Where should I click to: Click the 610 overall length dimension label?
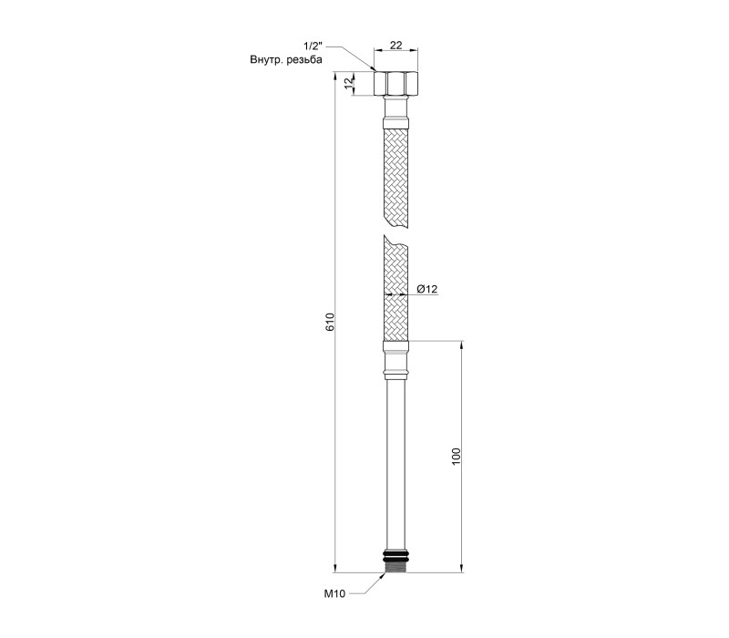pyautogui.click(x=330, y=323)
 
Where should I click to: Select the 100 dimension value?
pyautogui.click(x=456, y=457)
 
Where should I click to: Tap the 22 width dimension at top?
pyautogui.click(x=396, y=45)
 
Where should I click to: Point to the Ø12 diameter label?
pyautogui.click(x=427, y=289)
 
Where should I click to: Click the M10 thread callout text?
pyautogui.click(x=334, y=594)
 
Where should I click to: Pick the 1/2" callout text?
pyautogui.click(x=313, y=46)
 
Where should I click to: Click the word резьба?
pyautogui.click(x=304, y=60)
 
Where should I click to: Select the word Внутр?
pyautogui.click(x=267, y=60)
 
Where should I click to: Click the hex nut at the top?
pyautogui.click(x=396, y=83)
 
